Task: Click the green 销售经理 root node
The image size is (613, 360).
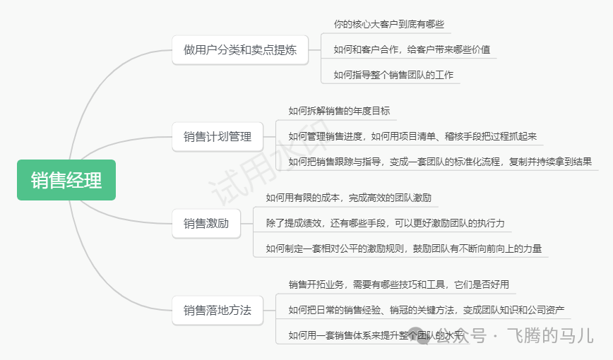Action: click(x=66, y=180)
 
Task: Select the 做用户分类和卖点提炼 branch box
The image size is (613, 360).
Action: click(x=240, y=50)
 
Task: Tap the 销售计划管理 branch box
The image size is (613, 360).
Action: click(x=218, y=137)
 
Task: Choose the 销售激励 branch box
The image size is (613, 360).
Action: click(x=206, y=224)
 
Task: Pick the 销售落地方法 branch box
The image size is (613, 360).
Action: click(x=218, y=310)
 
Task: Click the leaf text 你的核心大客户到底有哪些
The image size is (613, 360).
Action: click(x=389, y=24)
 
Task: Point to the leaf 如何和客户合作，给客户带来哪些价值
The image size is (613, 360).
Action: click(x=412, y=50)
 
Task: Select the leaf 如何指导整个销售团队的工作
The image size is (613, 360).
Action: click(x=393, y=75)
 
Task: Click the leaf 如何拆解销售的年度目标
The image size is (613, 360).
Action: click(x=339, y=111)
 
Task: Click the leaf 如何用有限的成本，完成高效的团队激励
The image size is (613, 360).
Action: click(x=348, y=198)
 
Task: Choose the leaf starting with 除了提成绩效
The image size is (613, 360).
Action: click(x=385, y=223)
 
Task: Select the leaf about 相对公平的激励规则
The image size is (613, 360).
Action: click(x=403, y=248)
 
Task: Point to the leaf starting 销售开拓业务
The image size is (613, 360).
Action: click(x=398, y=284)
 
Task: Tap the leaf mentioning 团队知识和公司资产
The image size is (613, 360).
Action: click(x=426, y=310)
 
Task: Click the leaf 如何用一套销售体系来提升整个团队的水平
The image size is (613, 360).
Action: click(x=374, y=335)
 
